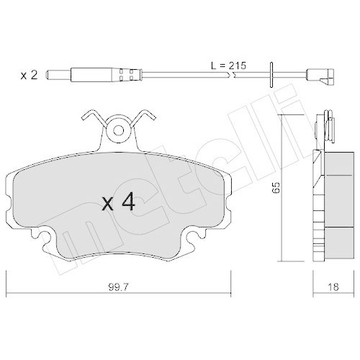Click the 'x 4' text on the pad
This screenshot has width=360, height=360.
pos(119,202)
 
